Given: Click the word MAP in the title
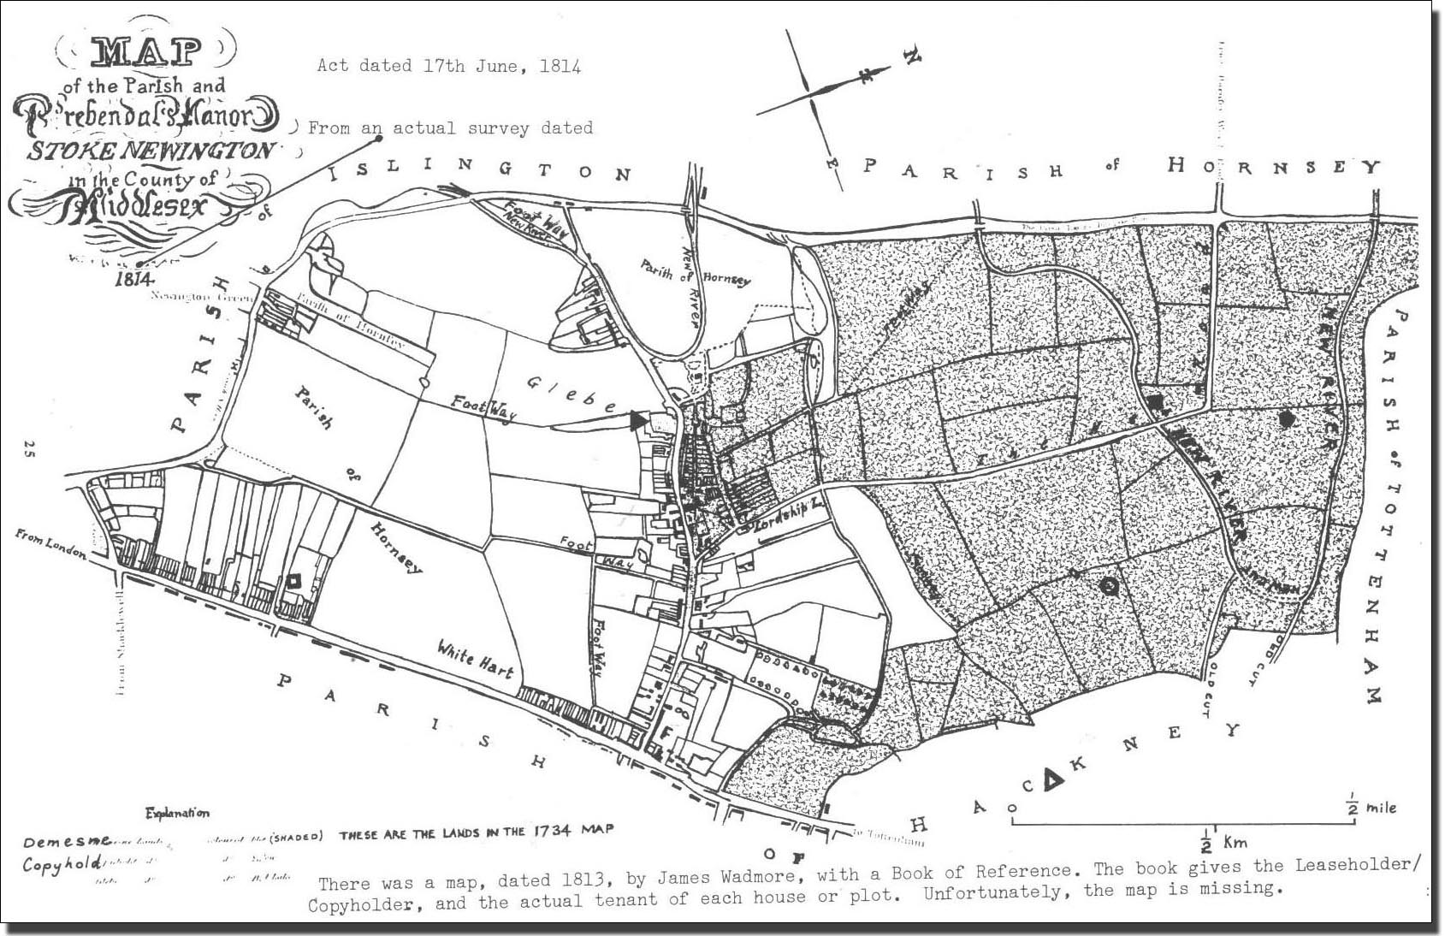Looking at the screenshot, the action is [x=146, y=54].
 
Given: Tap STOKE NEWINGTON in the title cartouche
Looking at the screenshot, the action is [x=151, y=151].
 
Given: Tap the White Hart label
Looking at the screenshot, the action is [x=475, y=659].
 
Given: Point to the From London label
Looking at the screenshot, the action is [x=50, y=544].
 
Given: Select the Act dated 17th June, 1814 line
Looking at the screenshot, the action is [x=449, y=66].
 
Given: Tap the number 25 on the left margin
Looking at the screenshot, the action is [x=31, y=447].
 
